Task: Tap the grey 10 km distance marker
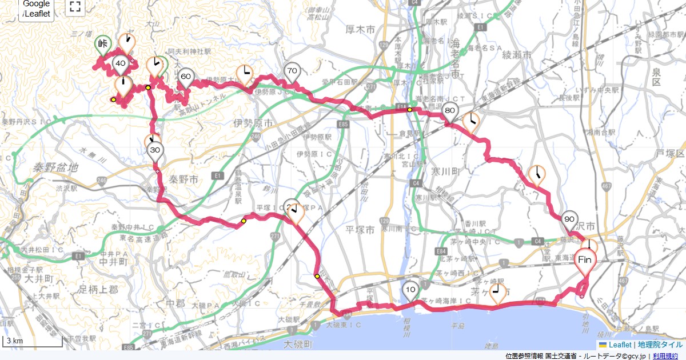[x=410, y=290]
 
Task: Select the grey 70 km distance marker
[x=292, y=71]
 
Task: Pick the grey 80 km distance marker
[x=450, y=111]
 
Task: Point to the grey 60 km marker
[x=185, y=77]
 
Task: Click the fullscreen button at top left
[x=74, y=7]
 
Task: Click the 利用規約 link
[x=667, y=356]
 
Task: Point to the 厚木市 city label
[x=360, y=29]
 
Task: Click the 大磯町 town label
[x=298, y=344]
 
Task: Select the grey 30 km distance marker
[x=155, y=150]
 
